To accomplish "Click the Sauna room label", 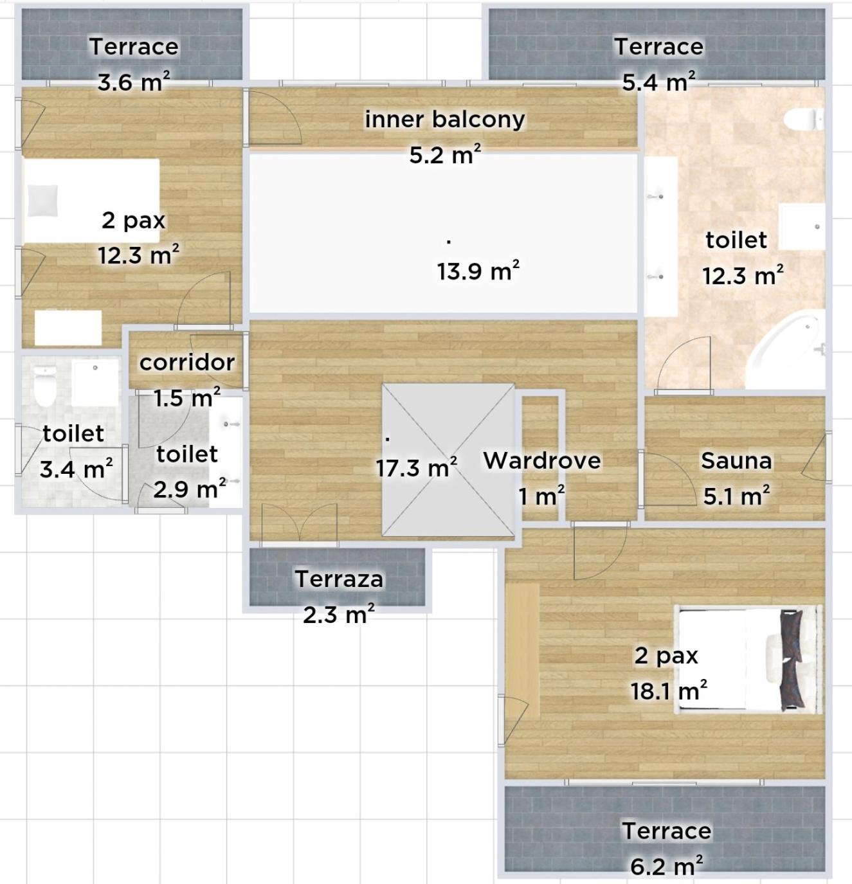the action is click(736, 460).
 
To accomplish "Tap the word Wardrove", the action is click(541, 460).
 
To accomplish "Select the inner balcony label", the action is click(445, 120).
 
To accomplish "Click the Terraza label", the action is click(339, 579).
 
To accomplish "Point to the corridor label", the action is click(186, 363).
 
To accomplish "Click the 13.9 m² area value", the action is click(478, 271).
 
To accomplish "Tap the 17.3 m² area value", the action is click(416, 467).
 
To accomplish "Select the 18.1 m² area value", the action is click(669, 690).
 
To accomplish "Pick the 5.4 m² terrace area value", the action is click(658, 82).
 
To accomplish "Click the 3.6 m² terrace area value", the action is click(134, 82).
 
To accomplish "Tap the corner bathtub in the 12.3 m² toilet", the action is click(786, 349).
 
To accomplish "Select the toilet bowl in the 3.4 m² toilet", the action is click(44, 386).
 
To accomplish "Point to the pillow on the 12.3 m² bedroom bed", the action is click(42, 201).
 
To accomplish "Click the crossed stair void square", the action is click(448, 460).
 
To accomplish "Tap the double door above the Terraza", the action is click(300, 523).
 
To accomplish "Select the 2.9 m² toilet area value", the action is click(190, 489).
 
